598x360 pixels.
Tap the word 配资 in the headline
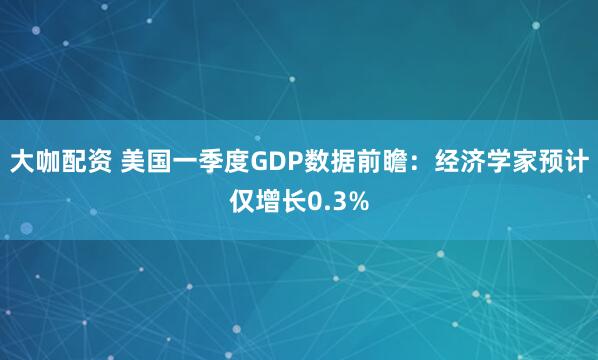tap(92, 161)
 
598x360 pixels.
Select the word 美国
tap(146, 161)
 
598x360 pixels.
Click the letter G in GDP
tap(255, 161)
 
